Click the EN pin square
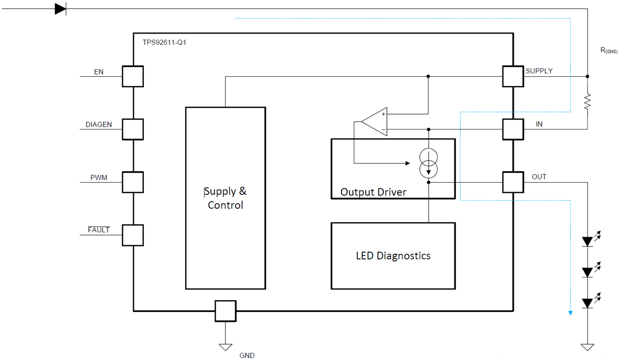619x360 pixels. pyautogui.click(x=133, y=76)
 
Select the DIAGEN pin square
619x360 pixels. pyautogui.click(x=133, y=129)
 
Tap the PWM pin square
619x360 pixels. pyautogui.click(x=133, y=182)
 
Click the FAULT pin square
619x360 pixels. pyautogui.click(x=133, y=235)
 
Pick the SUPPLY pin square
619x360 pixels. pyautogui.click(x=513, y=76)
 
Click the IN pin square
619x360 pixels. pyautogui.click(x=513, y=129)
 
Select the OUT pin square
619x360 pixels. pyautogui.click(x=513, y=182)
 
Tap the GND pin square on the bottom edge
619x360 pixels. pyautogui.click(x=225, y=311)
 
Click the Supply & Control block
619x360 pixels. pyautogui.click(x=225, y=198)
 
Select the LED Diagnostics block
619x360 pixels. pyautogui.click(x=393, y=256)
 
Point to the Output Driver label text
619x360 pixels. pyautogui.click(x=373, y=192)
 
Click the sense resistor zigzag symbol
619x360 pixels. pyautogui.click(x=588, y=102)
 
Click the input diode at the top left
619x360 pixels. pyautogui.click(x=61, y=9)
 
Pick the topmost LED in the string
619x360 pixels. pyautogui.click(x=588, y=241)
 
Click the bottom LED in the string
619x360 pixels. pyautogui.click(x=588, y=303)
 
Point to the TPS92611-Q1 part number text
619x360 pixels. pyautogui.click(x=165, y=42)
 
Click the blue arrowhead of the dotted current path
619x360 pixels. pyautogui.click(x=570, y=312)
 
